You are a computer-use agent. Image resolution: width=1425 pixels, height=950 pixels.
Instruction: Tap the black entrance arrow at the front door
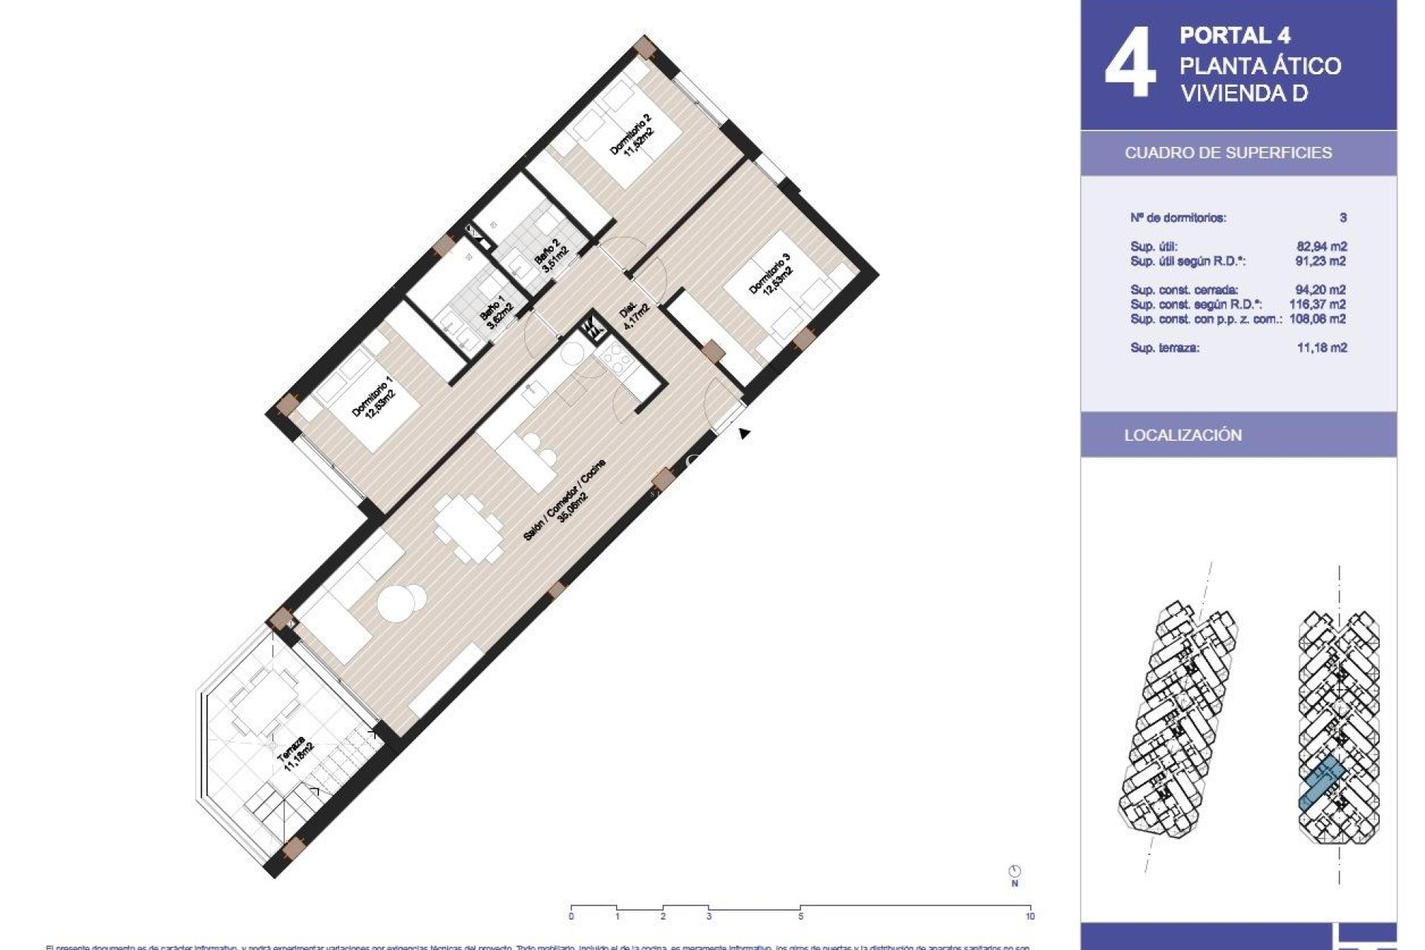point(744,433)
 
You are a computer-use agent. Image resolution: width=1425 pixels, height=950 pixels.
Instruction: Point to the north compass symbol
point(1015,872)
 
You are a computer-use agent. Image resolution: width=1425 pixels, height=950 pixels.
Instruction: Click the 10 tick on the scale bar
point(1029,916)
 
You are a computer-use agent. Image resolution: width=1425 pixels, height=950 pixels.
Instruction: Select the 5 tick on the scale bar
point(800,916)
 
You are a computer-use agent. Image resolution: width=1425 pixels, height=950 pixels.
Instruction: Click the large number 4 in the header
point(1130,64)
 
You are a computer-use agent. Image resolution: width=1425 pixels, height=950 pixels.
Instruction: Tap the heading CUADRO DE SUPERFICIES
point(1228,153)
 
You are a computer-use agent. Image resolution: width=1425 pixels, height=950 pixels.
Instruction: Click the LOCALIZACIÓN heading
point(1182,436)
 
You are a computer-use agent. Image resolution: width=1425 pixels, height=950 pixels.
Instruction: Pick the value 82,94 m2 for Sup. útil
point(1321,246)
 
